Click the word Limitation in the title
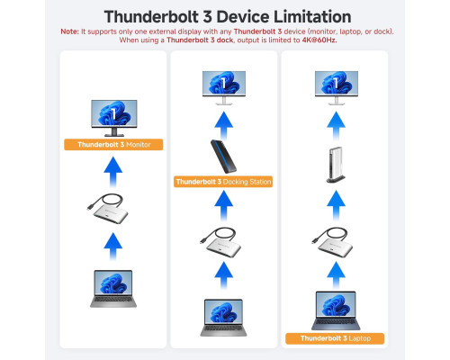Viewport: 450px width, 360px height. click(x=312, y=17)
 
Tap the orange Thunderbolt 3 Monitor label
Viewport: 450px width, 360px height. click(x=113, y=145)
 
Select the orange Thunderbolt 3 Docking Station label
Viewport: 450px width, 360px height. click(x=223, y=182)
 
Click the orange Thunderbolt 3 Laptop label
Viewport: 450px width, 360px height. click(x=335, y=338)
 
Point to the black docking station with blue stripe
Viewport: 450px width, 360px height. click(x=223, y=157)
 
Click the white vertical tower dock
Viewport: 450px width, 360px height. click(x=336, y=165)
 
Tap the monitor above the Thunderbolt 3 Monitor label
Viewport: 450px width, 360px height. click(x=114, y=118)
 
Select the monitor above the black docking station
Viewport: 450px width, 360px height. click(x=224, y=88)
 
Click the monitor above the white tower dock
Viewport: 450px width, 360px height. click(x=337, y=88)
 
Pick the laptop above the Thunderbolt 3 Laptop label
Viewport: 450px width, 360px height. click(x=336, y=310)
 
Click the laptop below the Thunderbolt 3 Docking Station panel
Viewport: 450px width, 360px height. click(x=223, y=318)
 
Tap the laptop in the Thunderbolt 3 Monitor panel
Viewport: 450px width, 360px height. click(x=113, y=289)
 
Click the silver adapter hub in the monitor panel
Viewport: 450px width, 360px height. click(x=108, y=209)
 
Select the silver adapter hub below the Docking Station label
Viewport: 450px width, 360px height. click(x=221, y=242)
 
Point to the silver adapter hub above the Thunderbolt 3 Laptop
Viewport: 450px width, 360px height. click(x=332, y=242)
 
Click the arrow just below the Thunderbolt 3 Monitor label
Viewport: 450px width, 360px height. click(x=113, y=172)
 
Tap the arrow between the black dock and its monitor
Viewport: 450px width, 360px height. click(x=224, y=125)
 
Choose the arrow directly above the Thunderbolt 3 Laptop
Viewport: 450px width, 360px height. click(x=336, y=275)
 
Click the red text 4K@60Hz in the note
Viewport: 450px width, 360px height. click(x=319, y=40)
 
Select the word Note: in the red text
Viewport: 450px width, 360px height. click(x=70, y=31)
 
